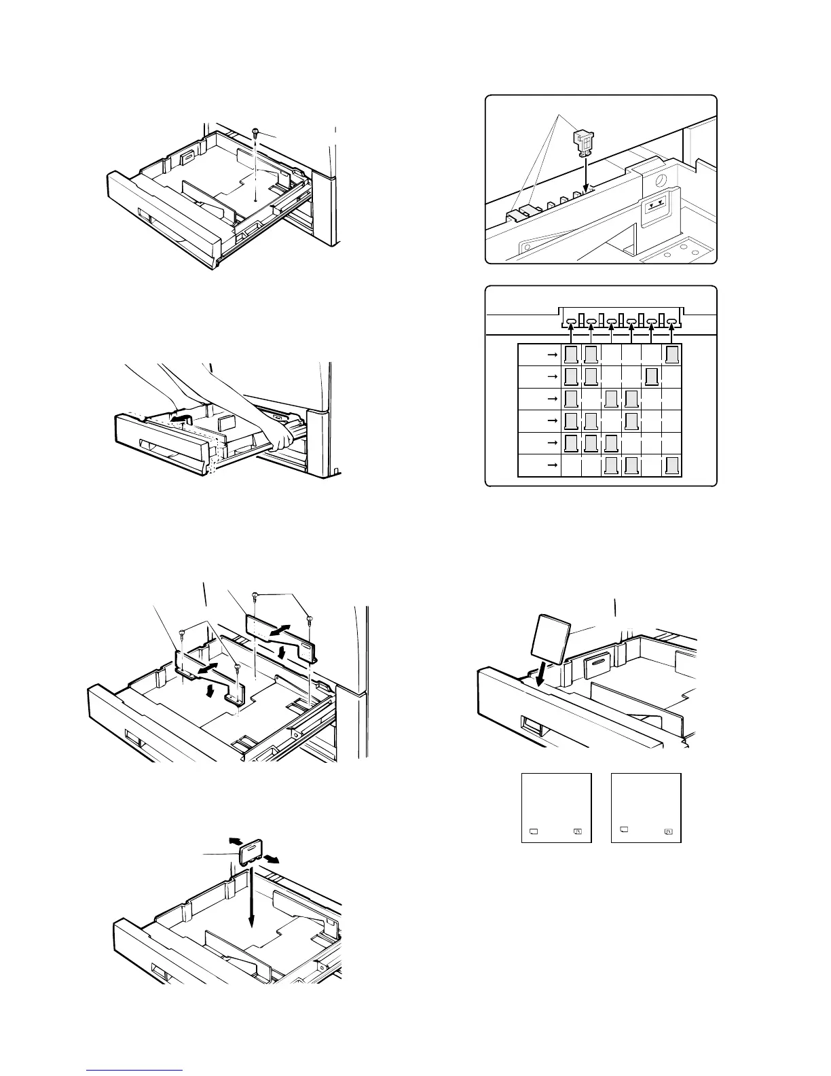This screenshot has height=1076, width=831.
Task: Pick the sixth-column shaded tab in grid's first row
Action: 671,355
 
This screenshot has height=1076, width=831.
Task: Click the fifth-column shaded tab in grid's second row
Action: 651,376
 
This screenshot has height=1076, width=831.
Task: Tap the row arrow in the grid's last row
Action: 551,465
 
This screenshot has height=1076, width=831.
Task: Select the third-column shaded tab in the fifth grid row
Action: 612,443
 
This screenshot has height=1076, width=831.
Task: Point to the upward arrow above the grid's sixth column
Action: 671,334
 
